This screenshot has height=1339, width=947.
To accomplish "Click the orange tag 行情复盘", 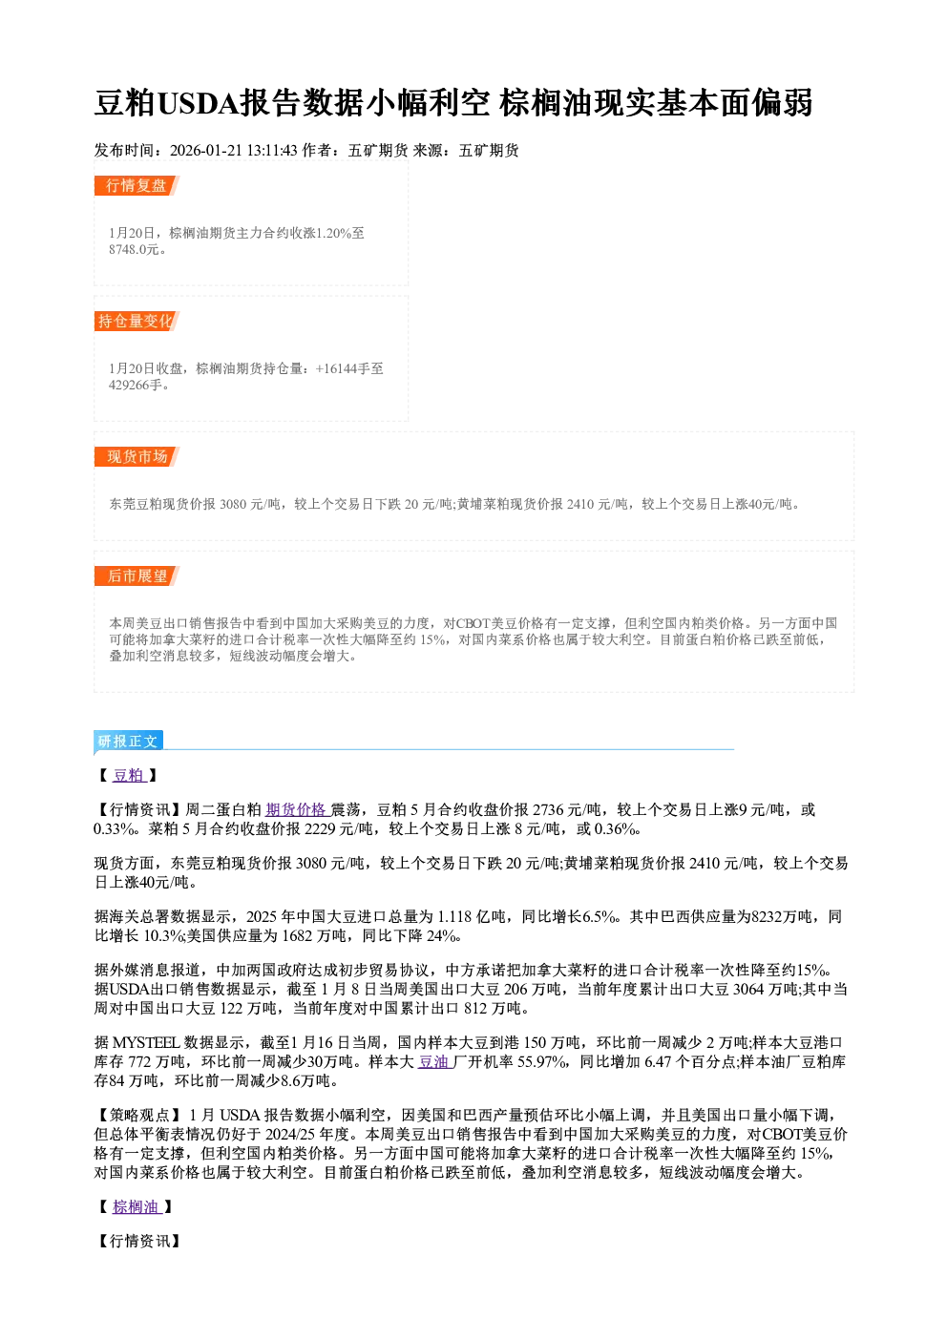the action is pyautogui.click(x=137, y=185).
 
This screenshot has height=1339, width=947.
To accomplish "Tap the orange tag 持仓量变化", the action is pyautogui.click(x=137, y=321).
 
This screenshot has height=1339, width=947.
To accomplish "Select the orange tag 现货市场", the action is pyautogui.click(x=137, y=457).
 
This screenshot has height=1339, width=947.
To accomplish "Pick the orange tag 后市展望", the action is pyautogui.click(x=137, y=575).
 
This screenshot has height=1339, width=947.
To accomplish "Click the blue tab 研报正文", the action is pyautogui.click(x=128, y=742).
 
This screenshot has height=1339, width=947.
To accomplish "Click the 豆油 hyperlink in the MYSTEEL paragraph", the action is pyautogui.click(x=434, y=1062).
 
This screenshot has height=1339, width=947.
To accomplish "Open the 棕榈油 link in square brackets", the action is pyautogui.click(x=137, y=1207).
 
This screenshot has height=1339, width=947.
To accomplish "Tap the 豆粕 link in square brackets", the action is pyautogui.click(x=129, y=775).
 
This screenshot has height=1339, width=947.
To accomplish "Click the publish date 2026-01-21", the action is pyautogui.click(x=205, y=151).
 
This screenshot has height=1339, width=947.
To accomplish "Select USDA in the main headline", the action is pyautogui.click(x=198, y=103).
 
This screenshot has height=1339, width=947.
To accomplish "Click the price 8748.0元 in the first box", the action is pyautogui.click(x=134, y=249).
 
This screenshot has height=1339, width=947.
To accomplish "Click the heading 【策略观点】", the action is pyautogui.click(x=138, y=1116).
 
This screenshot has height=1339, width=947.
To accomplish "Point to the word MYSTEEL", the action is pyautogui.click(x=145, y=1043).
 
